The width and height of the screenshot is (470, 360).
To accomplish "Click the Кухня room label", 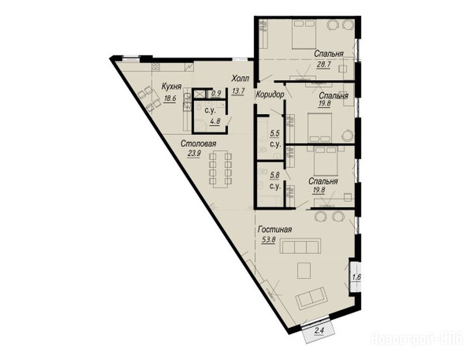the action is (172, 87).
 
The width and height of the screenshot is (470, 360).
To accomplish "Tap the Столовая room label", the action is (198, 144).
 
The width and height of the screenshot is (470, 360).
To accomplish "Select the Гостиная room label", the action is (275, 230).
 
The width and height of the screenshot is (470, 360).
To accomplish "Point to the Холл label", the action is (240, 79).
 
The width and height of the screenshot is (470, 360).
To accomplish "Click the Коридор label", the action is (270, 95).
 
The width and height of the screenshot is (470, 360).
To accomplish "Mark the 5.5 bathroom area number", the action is (275, 134).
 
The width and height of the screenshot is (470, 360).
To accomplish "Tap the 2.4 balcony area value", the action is (319, 331).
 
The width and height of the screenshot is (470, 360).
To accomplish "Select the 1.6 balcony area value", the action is (356, 277).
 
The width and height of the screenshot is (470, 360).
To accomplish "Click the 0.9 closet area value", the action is (216, 93).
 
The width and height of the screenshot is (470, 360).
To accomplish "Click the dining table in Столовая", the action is (220, 170).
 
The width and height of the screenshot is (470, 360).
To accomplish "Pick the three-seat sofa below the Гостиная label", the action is (301, 246).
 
